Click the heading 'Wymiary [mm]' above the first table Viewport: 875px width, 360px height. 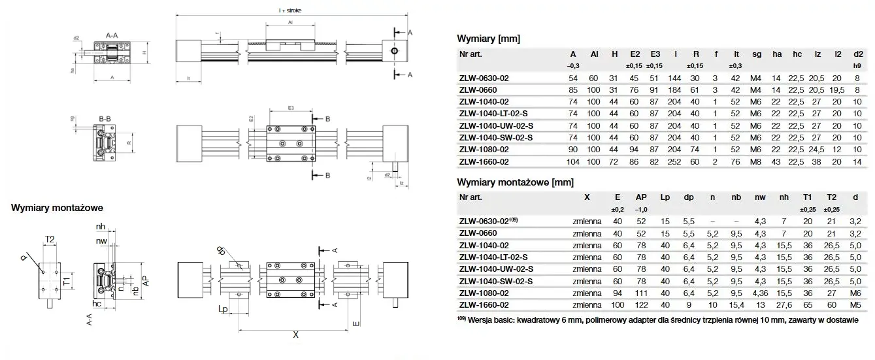coord(488,39)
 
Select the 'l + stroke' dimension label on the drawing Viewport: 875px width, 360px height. coord(289,10)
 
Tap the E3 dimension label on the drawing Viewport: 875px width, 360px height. coord(291,106)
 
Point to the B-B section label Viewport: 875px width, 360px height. coord(105,118)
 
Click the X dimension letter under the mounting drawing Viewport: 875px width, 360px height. coord(295,335)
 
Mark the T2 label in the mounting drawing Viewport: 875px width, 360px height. coord(50,240)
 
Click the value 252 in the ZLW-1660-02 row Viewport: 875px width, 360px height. coord(675,161)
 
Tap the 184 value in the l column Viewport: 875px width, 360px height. coord(675,90)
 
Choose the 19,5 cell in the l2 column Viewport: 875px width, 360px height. coord(837,90)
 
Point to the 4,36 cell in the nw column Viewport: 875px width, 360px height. coord(760,293)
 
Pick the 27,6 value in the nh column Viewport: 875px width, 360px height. coord(784,305)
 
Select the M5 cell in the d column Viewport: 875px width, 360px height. coord(856,305)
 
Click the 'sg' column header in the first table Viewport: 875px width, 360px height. coord(757,54)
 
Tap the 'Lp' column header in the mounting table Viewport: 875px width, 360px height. coord(665,196)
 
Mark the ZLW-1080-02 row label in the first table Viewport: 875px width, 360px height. coord(484,150)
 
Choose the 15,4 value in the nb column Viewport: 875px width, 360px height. coord(736,305)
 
